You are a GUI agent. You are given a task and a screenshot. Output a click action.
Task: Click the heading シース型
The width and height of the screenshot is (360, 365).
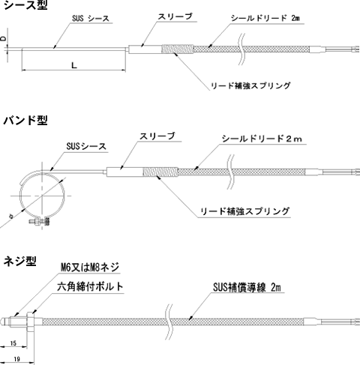(x=25, y=5)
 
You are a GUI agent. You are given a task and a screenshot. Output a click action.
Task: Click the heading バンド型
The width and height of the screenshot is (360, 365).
(x=25, y=120)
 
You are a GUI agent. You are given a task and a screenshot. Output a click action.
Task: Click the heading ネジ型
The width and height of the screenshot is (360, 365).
(x=20, y=262)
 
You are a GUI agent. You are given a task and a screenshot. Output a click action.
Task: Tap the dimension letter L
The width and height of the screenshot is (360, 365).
(x=73, y=65)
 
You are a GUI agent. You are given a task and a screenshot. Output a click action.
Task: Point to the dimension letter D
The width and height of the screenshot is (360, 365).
(x=3, y=38)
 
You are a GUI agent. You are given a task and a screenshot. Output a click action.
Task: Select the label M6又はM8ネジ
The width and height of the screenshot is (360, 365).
(x=90, y=268)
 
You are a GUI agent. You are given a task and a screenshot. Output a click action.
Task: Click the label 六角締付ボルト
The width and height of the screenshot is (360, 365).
(x=90, y=286)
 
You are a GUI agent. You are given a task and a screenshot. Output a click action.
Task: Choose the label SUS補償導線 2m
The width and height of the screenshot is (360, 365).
(x=247, y=288)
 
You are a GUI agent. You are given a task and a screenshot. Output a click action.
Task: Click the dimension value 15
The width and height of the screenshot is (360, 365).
(x=13, y=343)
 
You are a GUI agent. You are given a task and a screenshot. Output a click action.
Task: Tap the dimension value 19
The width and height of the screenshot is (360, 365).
(x=16, y=359)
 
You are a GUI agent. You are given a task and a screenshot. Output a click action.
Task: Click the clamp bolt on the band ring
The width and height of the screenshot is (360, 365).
(x=39, y=221)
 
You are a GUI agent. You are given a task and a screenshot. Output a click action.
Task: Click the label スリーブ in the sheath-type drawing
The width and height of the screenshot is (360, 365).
(x=175, y=16)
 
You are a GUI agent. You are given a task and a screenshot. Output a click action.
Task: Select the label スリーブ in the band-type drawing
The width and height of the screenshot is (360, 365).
(x=157, y=136)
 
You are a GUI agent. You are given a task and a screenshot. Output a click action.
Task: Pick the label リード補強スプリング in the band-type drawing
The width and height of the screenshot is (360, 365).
(x=245, y=211)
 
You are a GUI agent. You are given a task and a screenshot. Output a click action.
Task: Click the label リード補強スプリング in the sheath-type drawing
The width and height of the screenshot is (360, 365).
(x=250, y=85)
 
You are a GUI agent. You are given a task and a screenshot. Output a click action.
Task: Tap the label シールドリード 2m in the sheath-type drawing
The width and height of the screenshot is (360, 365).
(x=265, y=18)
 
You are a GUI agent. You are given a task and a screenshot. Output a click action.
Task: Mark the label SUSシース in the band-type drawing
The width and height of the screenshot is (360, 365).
(x=86, y=146)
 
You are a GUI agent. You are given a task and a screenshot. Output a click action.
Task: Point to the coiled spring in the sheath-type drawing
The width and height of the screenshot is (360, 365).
(x=178, y=49)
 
